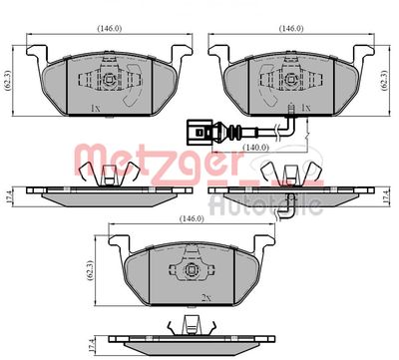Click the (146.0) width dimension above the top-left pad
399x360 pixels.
click(x=110, y=28)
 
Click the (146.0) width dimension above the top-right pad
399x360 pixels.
click(x=291, y=28)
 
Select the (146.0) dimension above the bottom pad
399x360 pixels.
click(x=192, y=218)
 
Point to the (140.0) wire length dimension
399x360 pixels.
click(x=255, y=147)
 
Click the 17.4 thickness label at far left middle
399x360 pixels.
click(x=9, y=196)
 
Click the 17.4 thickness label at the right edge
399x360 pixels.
click(x=386, y=196)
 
